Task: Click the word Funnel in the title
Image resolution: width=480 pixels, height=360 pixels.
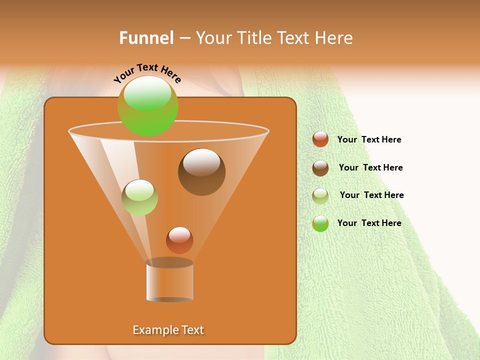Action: pyautogui.click(x=146, y=38)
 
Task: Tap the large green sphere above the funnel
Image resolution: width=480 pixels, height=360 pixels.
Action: pyautogui.click(x=147, y=105)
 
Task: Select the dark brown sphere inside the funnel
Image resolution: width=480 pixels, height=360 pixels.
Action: pyautogui.click(x=201, y=172)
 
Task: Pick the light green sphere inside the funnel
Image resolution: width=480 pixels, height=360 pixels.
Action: pyautogui.click(x=139, y=197)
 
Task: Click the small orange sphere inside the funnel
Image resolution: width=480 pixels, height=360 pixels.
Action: pyautogui.click(x=179, y=240)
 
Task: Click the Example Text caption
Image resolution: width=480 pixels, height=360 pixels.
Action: pyautogui.click(x=168, y=330)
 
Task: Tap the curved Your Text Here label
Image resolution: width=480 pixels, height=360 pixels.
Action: pyautogui.click(x=147, y=72)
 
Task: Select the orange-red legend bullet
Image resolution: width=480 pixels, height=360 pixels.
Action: pyautogui.click(x=320, y=139)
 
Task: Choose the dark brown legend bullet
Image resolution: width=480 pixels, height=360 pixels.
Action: pyautogui.click(x=320, y=167)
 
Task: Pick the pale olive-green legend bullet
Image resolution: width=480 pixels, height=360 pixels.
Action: pyautogui.click(x=320, y=195)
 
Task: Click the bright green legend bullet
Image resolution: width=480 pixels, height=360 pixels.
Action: pyautogui.click(x=320, y=223)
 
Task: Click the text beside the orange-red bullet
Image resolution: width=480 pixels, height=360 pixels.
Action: pyautogui.click(x=369, y=140)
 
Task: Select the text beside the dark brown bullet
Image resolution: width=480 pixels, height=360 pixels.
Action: pyautogui.click(x=370, y=167)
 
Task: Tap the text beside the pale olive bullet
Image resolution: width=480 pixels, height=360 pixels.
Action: pyautogui.click(x=371, y=195)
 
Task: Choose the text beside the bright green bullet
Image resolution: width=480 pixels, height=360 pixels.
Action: pyautogui.click(x=369, y=223)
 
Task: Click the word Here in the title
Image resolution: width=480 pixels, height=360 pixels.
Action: pyautogui.click(x=335, y=38)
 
